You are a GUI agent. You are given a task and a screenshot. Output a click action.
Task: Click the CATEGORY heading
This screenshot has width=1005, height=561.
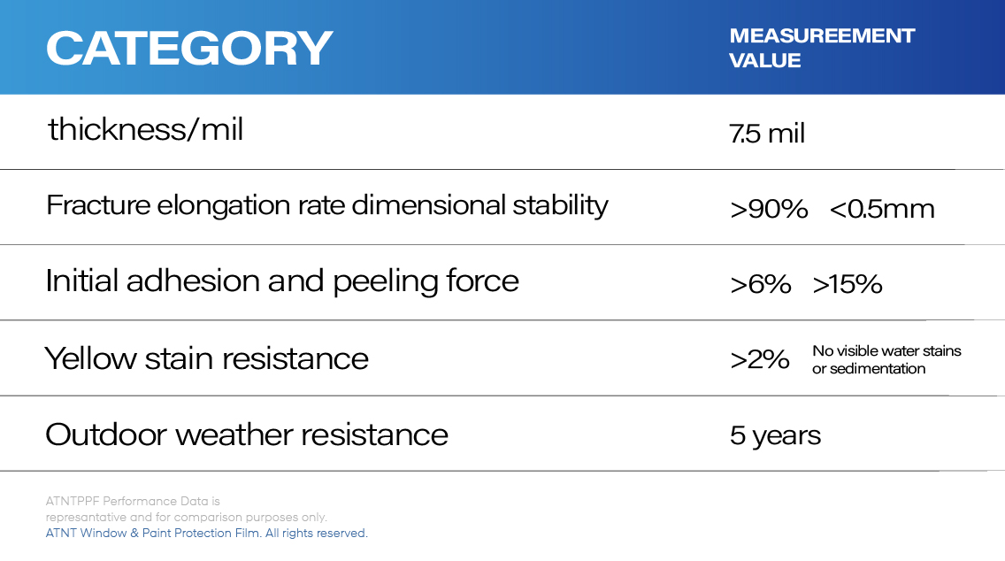(x=188, y=49)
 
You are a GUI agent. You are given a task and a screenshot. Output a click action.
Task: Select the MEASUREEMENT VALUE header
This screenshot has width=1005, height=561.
(x=821, y=48)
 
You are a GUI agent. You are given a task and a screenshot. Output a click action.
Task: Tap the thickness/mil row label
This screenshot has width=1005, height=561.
(x=145, y=130)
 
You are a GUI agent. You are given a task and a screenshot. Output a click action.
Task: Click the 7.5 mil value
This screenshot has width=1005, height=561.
(x=767, y=134)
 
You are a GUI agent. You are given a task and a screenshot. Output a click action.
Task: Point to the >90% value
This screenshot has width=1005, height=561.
(x=769, y=209)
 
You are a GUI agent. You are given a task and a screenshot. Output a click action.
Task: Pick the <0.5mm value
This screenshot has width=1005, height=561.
(x=882, y=209)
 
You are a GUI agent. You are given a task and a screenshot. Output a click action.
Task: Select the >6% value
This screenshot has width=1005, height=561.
(x=761, y=284)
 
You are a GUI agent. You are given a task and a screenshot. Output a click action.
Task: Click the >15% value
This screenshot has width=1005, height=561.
(x=848, y=284)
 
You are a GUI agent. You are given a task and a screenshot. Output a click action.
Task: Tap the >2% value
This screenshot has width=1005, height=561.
(x=760, y=359)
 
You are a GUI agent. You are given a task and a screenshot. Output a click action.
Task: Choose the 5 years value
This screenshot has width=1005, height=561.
(x=775, y=435)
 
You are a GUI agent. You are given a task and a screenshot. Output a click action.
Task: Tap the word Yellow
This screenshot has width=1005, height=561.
(x=90, y=358)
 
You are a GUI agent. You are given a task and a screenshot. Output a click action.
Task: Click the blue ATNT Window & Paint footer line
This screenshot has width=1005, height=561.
(x=206, y=533)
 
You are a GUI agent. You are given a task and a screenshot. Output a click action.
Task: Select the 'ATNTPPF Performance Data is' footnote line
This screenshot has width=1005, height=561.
(x=132, y=501)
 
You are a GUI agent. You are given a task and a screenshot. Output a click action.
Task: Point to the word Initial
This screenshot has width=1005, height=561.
(x=81, y=281)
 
